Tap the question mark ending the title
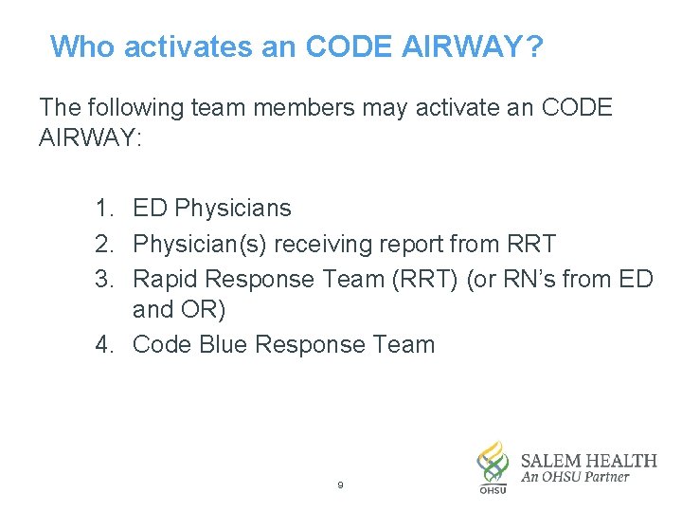[535, 46]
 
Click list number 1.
[104, 208]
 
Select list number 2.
[104, 244]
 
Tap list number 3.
[104, 279]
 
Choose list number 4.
[104, 344]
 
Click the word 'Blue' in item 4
[222, 344]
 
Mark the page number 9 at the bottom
[340, 485]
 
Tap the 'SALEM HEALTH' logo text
[588, 461]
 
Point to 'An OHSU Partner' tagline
[575, 478]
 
